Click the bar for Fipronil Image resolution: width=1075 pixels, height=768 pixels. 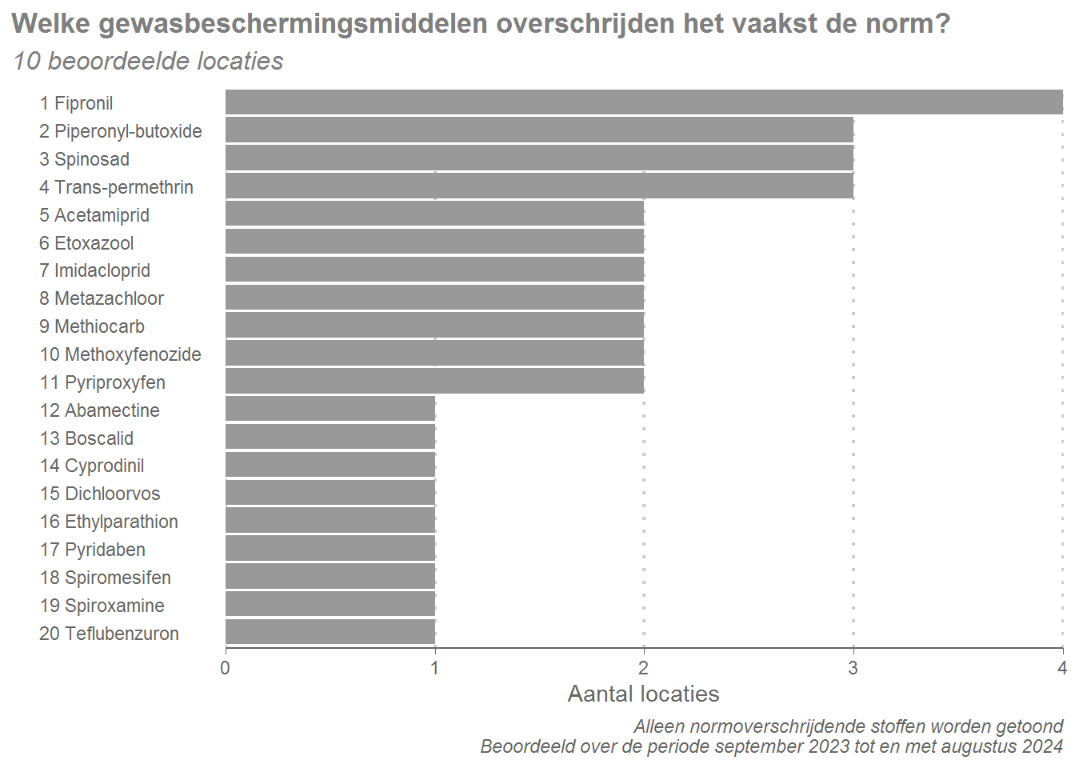644,102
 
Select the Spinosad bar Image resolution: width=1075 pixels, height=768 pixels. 539,158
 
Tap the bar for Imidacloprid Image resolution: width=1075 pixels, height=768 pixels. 434,270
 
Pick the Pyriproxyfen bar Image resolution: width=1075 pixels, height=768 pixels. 434,382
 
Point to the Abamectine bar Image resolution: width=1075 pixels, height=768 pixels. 330,410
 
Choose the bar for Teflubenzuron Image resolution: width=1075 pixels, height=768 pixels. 330,633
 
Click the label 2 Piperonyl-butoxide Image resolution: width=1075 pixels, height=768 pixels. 121,131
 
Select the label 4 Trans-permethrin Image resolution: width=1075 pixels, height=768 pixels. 117,187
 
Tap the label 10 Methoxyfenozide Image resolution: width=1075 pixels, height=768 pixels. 121,354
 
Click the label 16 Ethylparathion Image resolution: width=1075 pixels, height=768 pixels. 110,522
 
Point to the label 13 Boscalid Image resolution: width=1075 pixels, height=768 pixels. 87,438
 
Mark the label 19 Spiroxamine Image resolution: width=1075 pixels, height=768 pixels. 102,606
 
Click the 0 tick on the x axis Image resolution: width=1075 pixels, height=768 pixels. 226,668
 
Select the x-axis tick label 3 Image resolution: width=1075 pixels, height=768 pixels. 853,668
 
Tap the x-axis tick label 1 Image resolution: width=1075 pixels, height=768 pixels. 435,668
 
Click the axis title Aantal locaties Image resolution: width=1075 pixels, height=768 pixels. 643,694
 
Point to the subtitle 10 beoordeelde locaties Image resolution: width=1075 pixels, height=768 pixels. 148,61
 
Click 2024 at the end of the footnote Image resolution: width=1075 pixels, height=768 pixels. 1041,746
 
